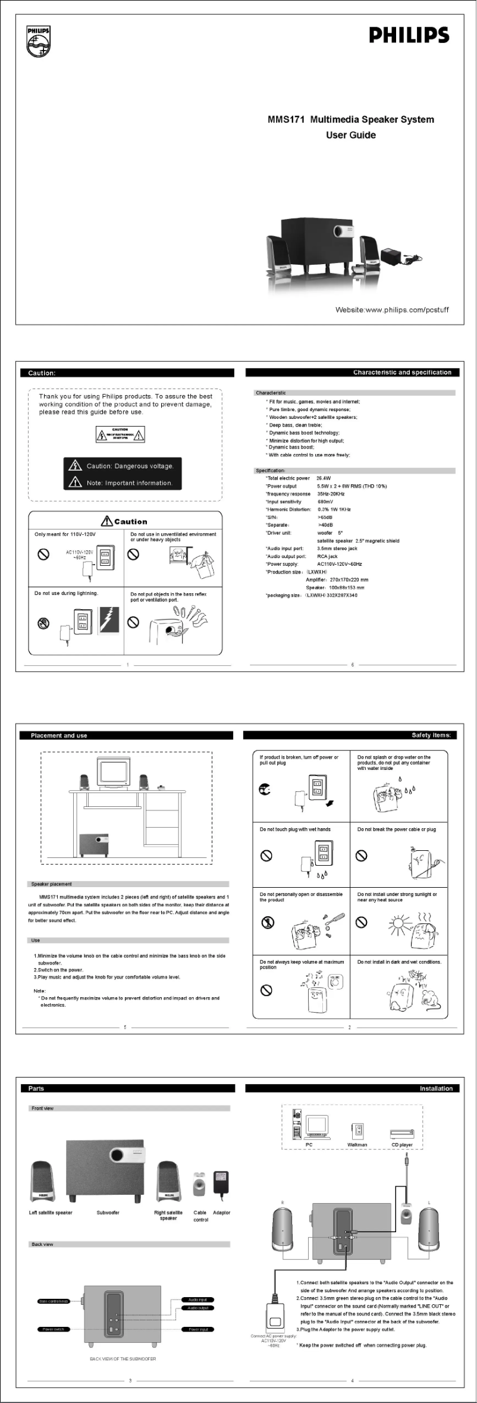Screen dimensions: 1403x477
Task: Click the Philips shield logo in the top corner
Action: click(38, 42)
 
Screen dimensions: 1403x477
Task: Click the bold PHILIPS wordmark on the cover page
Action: click(409, 36)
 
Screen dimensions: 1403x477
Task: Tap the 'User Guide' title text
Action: click(350, 135)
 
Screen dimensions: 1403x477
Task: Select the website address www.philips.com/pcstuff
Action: click(391, 310)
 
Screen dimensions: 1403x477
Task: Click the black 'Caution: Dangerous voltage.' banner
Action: click(123, 466)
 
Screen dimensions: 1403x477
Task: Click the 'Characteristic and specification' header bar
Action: click(402, 372)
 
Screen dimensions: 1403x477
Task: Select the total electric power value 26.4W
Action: click(324, 478)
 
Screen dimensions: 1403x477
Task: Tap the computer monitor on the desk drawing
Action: click(114, 772)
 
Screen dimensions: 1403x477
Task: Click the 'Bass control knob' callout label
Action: click(54, 1301)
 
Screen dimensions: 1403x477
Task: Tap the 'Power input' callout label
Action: click(197, 1329)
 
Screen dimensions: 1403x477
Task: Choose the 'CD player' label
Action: click(401, 1145)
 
